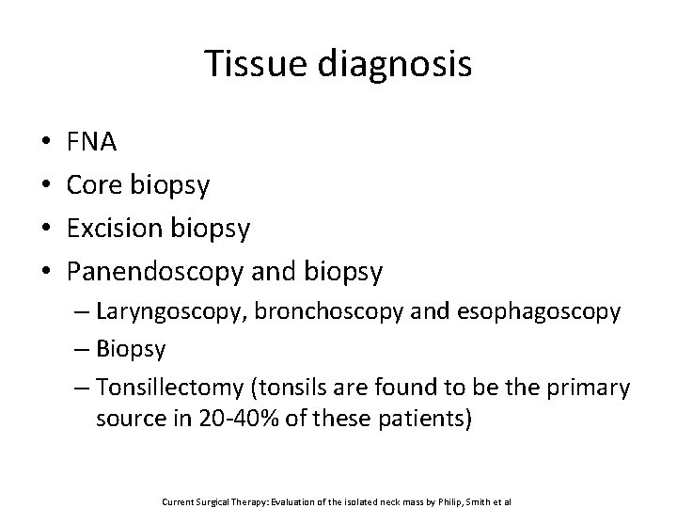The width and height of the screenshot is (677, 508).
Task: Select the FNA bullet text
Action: coord(92,143)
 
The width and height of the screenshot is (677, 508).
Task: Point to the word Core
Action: coord(96,185)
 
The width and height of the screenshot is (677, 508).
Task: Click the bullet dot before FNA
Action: coord(46,144)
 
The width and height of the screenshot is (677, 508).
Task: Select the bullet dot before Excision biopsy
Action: coord(46,229)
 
